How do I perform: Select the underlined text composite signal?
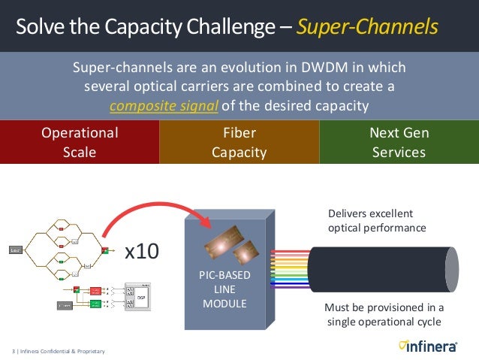tap(163, 105)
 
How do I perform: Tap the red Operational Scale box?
tap(80, 142)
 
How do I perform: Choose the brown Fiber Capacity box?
tap(239, 142)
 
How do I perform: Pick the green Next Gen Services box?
tap(399, 142)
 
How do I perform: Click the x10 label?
tap(141, 250)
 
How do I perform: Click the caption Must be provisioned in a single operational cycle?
tap(384, 315)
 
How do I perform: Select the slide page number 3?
tap(14, 351)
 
